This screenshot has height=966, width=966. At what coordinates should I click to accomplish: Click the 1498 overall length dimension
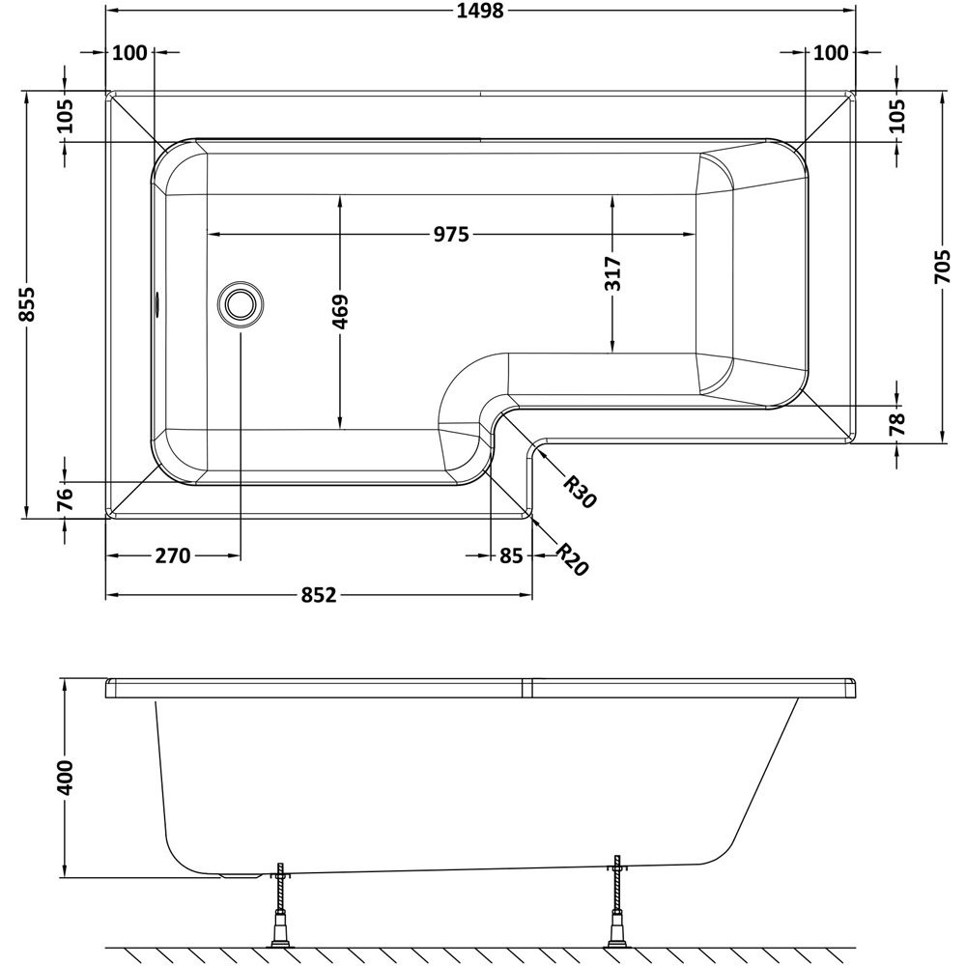(x=480, y=11)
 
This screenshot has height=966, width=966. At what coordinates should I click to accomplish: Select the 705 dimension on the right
(x=943, y=267)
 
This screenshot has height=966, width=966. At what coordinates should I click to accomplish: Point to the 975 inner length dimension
(x=451, y=235)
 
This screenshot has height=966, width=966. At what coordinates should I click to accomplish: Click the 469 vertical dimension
(x=340, y=312)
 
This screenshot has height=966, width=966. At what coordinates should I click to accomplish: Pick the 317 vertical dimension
(x=613, y=273)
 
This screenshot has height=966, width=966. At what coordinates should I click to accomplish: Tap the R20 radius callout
(x=572, y=558)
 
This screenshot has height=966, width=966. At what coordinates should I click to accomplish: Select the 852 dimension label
(x=319, y=595)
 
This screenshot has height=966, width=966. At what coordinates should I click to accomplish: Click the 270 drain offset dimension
(x=173, y=556)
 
